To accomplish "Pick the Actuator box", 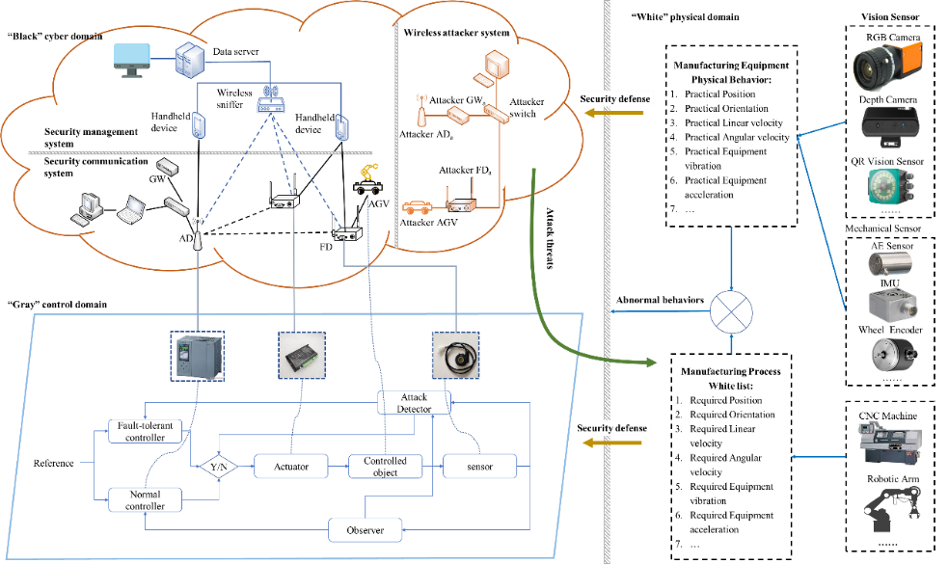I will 290,467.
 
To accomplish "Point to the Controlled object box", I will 384,467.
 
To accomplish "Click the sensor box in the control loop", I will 479,467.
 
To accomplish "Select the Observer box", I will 366,530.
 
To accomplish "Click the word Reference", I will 53,464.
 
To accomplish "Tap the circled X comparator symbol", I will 730,312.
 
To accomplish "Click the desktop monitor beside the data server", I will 132,63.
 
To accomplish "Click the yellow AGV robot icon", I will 366,180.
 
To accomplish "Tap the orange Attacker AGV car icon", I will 416,205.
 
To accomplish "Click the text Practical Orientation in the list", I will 726,109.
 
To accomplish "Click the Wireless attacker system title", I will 456,34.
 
